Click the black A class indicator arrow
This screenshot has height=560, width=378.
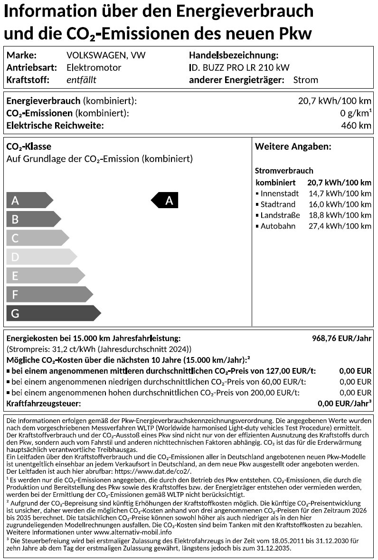click(x=165, y=201)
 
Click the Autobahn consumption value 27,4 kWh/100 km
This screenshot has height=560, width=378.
click(x=340, y=226)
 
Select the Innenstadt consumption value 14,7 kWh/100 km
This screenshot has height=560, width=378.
click(x=340, y=193)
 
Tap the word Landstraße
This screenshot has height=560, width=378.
click(x=280, y=215)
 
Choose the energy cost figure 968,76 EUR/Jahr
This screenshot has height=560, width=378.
click(x=341, y=338)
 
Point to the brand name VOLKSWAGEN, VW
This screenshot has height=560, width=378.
click(x=106, y=55)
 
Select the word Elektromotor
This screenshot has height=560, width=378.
click(x=94, y=67)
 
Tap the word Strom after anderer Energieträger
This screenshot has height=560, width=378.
click(x=306, y=80)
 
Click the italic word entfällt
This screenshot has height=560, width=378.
click(x=81, y=80)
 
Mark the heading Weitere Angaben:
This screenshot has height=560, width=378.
click(x=293, y=147)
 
